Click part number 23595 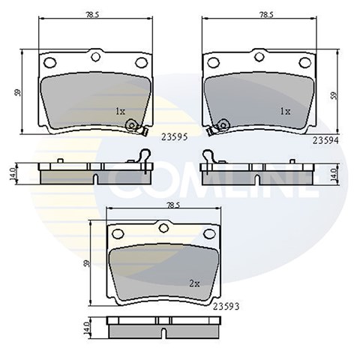tap(174, 137)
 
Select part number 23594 tap(325, 141)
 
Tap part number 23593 tap(226, 306)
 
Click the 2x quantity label tap(194, 283)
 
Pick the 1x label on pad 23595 tap(120, 111)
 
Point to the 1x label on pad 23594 tap(285, 111)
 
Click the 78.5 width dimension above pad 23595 tap(92, 15)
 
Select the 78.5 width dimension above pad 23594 tap(266, 15)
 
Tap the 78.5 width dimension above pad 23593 tap(173, 205)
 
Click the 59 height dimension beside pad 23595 tap(18, 93)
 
